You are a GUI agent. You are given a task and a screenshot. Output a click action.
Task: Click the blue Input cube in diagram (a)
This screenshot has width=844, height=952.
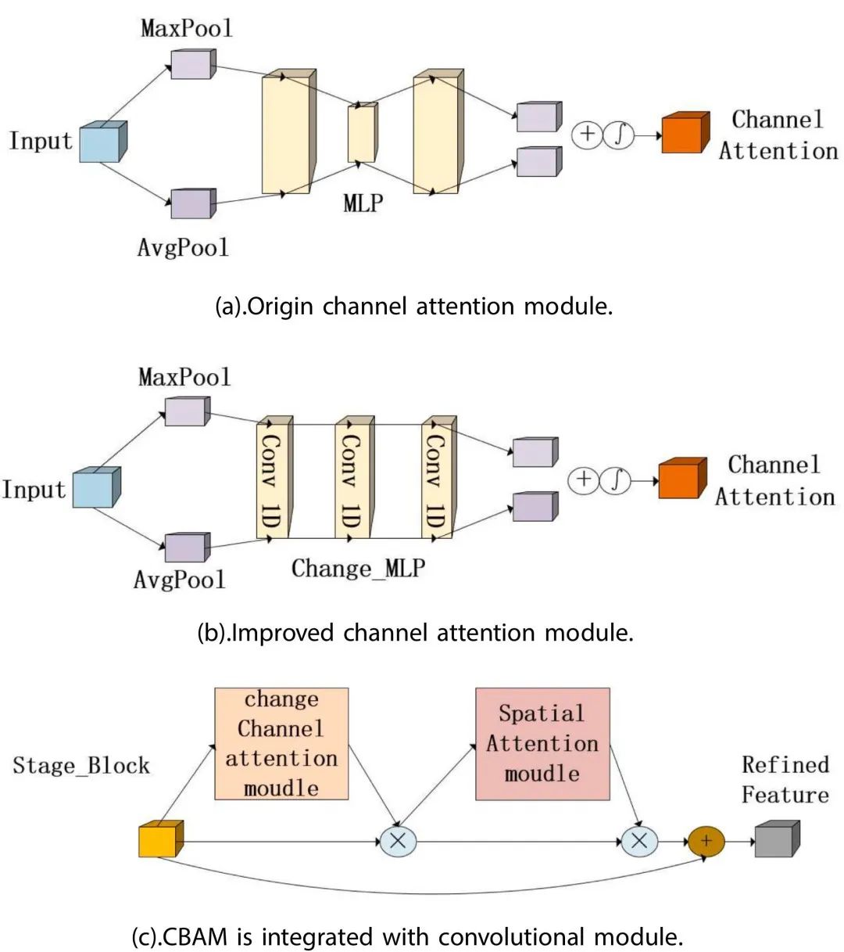click(x=102, y=142)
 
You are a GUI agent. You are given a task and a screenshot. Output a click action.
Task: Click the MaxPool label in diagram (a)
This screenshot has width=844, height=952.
click(x=187, y=29)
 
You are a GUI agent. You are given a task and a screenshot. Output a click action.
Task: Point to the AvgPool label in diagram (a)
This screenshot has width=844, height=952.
click(x=183, y=248)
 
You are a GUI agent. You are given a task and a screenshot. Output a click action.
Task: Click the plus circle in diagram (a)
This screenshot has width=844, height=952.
click(x=586, y=135)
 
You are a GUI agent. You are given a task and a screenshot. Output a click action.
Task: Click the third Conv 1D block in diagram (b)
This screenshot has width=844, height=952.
click(x=437, y=478)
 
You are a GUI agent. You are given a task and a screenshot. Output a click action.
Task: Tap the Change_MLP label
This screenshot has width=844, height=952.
click(x=358, y=568)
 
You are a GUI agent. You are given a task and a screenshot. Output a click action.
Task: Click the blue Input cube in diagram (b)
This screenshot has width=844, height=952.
click(x=96, y=488)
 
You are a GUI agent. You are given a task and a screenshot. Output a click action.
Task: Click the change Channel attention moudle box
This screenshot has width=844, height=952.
click(x=281, y=744)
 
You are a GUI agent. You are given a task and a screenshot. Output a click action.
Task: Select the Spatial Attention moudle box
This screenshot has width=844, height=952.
click(x=542, y=744)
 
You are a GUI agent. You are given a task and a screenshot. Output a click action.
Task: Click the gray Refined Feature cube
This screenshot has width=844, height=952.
click(x=776, y=839)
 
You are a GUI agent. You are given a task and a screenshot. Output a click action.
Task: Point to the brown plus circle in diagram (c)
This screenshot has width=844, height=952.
click(x=706, y=842)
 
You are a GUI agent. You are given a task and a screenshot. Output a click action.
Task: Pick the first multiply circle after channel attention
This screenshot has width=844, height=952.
click(x=397, y=842)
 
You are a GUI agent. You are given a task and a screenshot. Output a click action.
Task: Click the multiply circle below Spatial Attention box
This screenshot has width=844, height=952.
click(x=639, y=842)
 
